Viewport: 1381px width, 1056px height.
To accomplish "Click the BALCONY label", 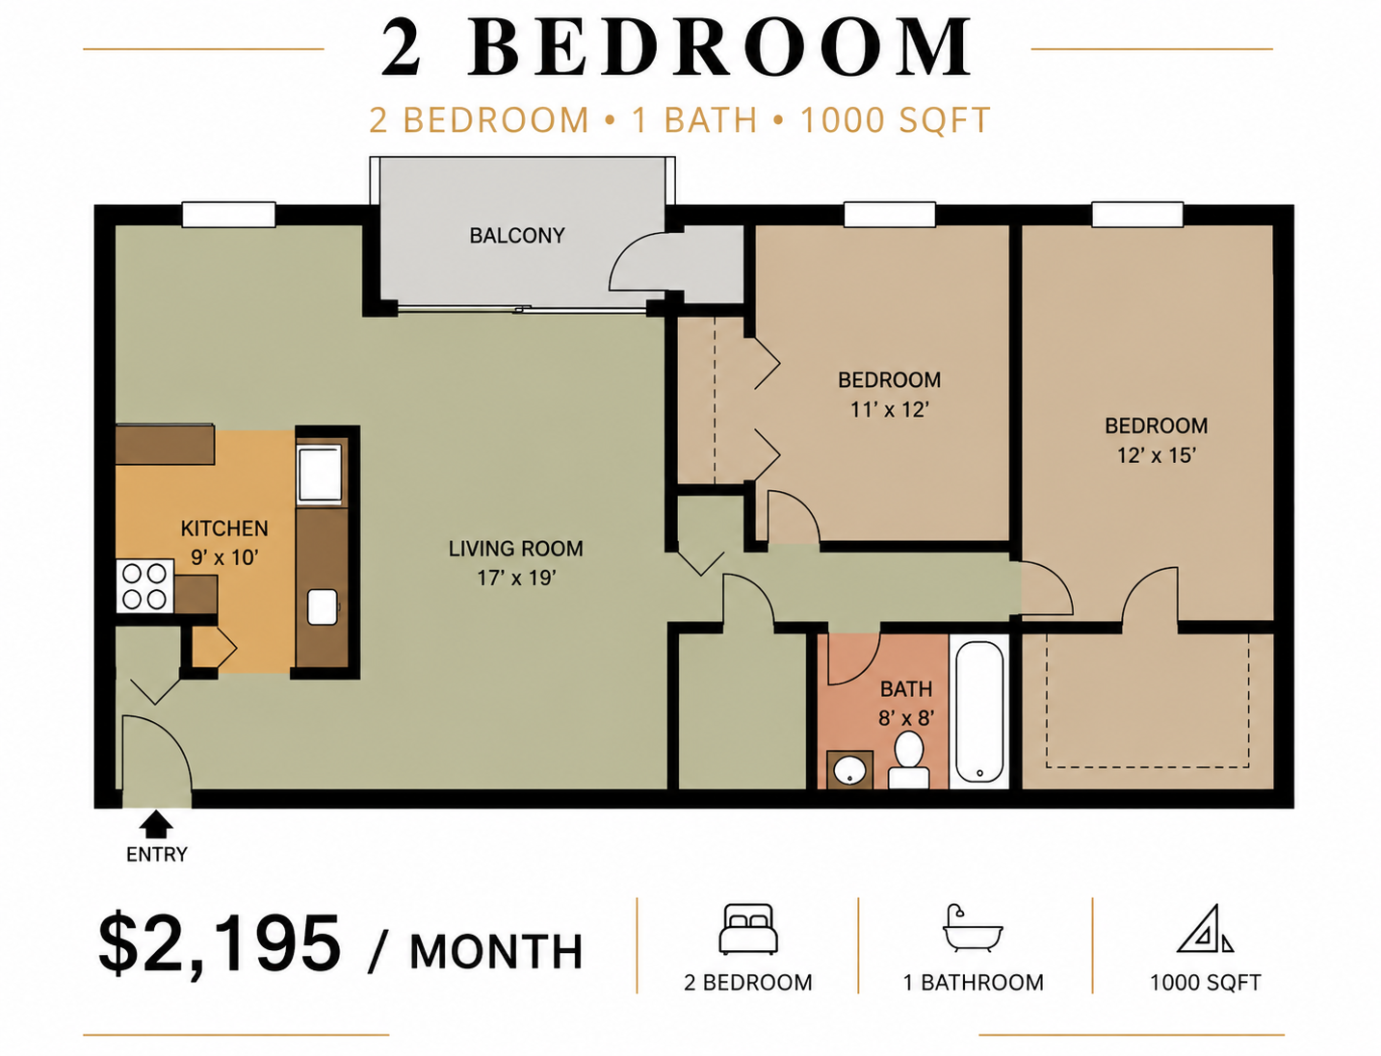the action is point(516,235).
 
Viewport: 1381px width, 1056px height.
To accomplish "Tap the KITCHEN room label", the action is point(224,528).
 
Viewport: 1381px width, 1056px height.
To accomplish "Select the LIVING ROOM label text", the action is point(515,549).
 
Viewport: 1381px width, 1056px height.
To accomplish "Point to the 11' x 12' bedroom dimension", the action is point(889,409).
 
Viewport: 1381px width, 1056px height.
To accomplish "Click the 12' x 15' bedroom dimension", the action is point(1156,455).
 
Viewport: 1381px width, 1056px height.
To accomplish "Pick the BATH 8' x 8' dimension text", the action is point(906,717).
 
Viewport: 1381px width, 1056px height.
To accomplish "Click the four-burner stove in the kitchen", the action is point(144,585).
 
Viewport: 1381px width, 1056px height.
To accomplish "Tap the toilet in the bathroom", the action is point(908,760).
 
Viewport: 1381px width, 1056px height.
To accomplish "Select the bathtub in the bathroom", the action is point(979,711).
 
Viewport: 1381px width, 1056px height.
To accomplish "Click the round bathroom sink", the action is point(849,770).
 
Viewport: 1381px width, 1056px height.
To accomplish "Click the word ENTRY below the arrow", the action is point(157,854).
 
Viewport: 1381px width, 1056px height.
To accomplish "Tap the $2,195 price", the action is point(219,943).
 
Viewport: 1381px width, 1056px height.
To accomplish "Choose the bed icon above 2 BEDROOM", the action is point(748,929).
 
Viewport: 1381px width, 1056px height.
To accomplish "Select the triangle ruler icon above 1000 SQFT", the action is point(1205,929).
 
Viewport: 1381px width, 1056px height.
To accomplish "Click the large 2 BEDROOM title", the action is point(676,47).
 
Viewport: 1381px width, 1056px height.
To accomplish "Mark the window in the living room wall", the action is point(229,215).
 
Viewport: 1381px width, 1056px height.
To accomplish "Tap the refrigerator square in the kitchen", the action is point(321,472).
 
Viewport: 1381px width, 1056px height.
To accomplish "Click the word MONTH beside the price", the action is point(496,952).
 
